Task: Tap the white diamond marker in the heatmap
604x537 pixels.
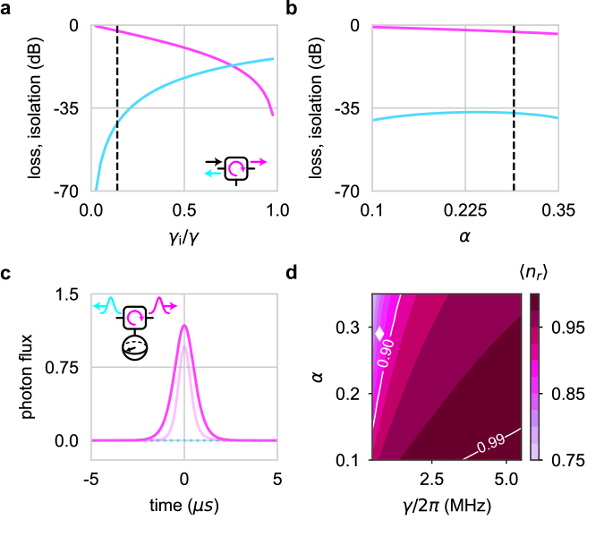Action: tap(379, 333)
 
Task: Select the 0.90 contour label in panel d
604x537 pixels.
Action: tap(385, 355)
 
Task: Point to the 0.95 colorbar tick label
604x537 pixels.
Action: tap(562, 328)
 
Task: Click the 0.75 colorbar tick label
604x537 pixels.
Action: tap(562, 460)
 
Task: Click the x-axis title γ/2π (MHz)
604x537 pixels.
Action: tap(445, 507)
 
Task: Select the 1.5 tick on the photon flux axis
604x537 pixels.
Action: tap(68, 294)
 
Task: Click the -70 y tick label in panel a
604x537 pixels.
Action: tap(68, 192)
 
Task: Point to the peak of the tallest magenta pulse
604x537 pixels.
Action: tap(184, 326)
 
